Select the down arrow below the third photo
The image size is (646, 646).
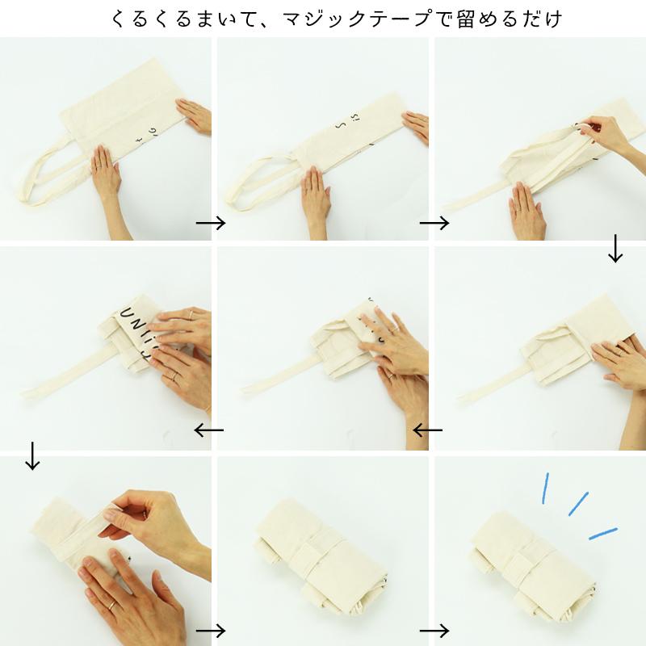[x=615, y=249]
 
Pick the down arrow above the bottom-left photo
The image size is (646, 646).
[x=32, y=455]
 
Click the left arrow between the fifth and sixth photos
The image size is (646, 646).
[x=427, y=430]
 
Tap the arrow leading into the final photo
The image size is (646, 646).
[x=434, y=630]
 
